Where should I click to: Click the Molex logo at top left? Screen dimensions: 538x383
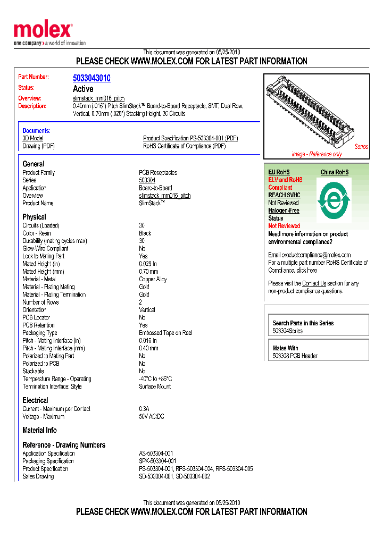coord(43,31)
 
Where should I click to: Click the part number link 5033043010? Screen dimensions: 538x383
coord(91,78)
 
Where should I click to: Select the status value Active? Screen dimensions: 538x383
coord(83,89)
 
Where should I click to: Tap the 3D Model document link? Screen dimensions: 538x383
coord(33,138)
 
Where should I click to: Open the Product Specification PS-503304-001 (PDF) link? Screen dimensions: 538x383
coord(190,138)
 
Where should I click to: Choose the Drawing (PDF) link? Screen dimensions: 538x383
coord(38,146)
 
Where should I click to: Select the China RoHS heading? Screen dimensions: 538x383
coord(335,172)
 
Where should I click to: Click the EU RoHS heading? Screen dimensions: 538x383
coord(279,172)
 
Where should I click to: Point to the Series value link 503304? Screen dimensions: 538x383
coord(147,180)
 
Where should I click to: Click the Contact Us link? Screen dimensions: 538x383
coord(314,283)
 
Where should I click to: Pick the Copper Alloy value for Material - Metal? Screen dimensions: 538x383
coord(153,279)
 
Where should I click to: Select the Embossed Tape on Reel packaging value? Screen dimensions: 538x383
coord(165,333)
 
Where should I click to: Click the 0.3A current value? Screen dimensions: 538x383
coord(144,409)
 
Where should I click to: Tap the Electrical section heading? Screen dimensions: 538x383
coord(35,400)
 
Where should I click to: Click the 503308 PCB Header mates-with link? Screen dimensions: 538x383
coord(295,356)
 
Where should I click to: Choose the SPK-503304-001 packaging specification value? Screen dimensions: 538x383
coord(157,461)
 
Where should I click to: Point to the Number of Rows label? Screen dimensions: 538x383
coord(40,302)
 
